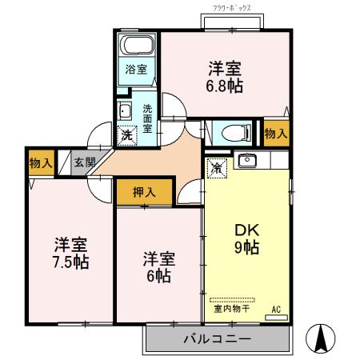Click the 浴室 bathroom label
coord(136,69)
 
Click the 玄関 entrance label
coord(83,162)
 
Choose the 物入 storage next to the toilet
coord(276,134)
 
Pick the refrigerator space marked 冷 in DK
coord(216,167)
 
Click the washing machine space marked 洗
coord(126,135)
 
